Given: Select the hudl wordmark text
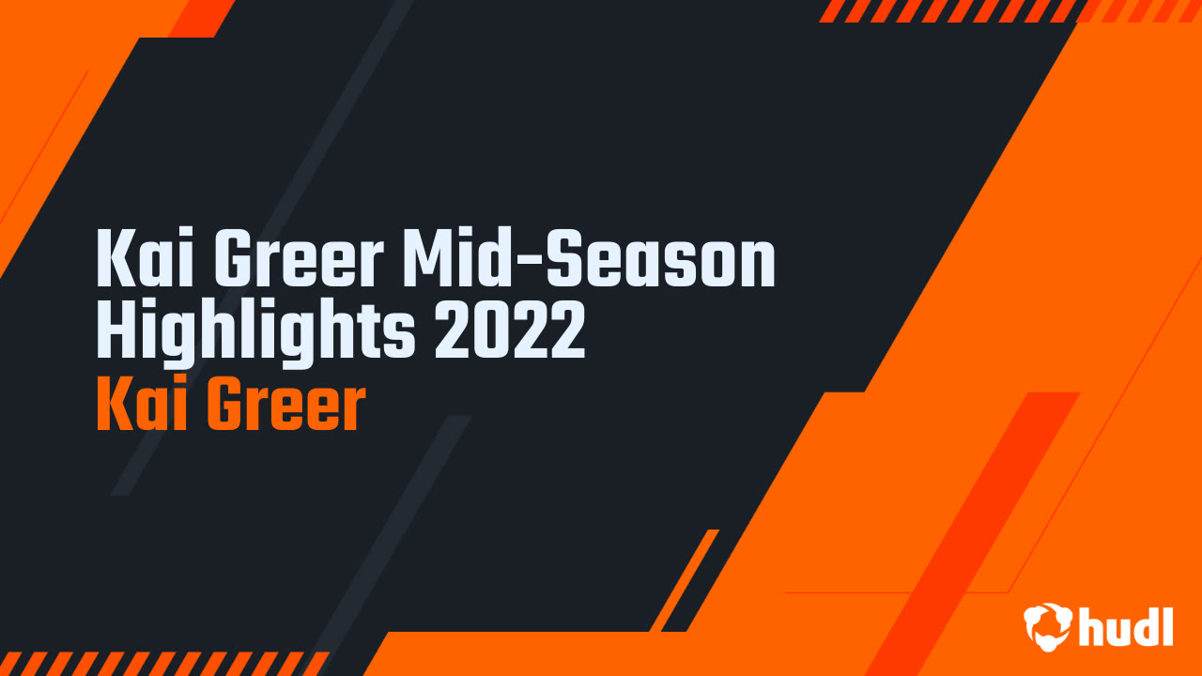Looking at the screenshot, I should click(x=1125, y=626).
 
